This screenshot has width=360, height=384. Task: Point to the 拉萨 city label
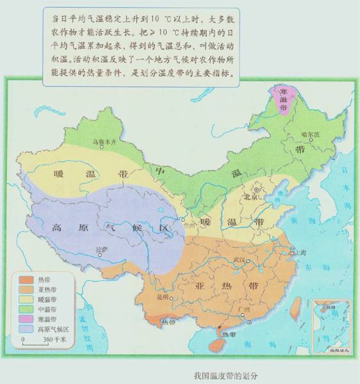(x=102, y=248)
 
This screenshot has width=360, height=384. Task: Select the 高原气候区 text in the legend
(x=52, y=329)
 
